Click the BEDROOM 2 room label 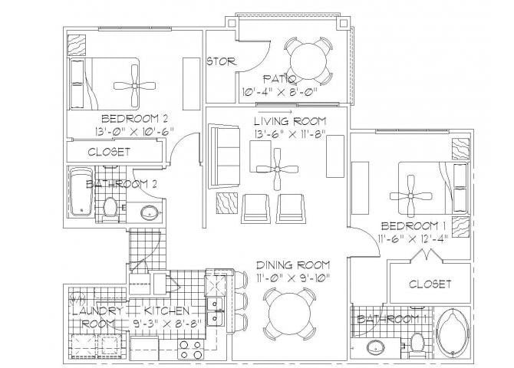point(134,118)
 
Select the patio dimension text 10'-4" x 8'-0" point(274,93)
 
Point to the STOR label point(222,61)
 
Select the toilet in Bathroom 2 point(110,206)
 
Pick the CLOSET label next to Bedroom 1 point(429,284)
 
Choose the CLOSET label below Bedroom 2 point(109,152)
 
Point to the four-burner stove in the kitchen point(191,350)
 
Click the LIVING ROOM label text point(291,120)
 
